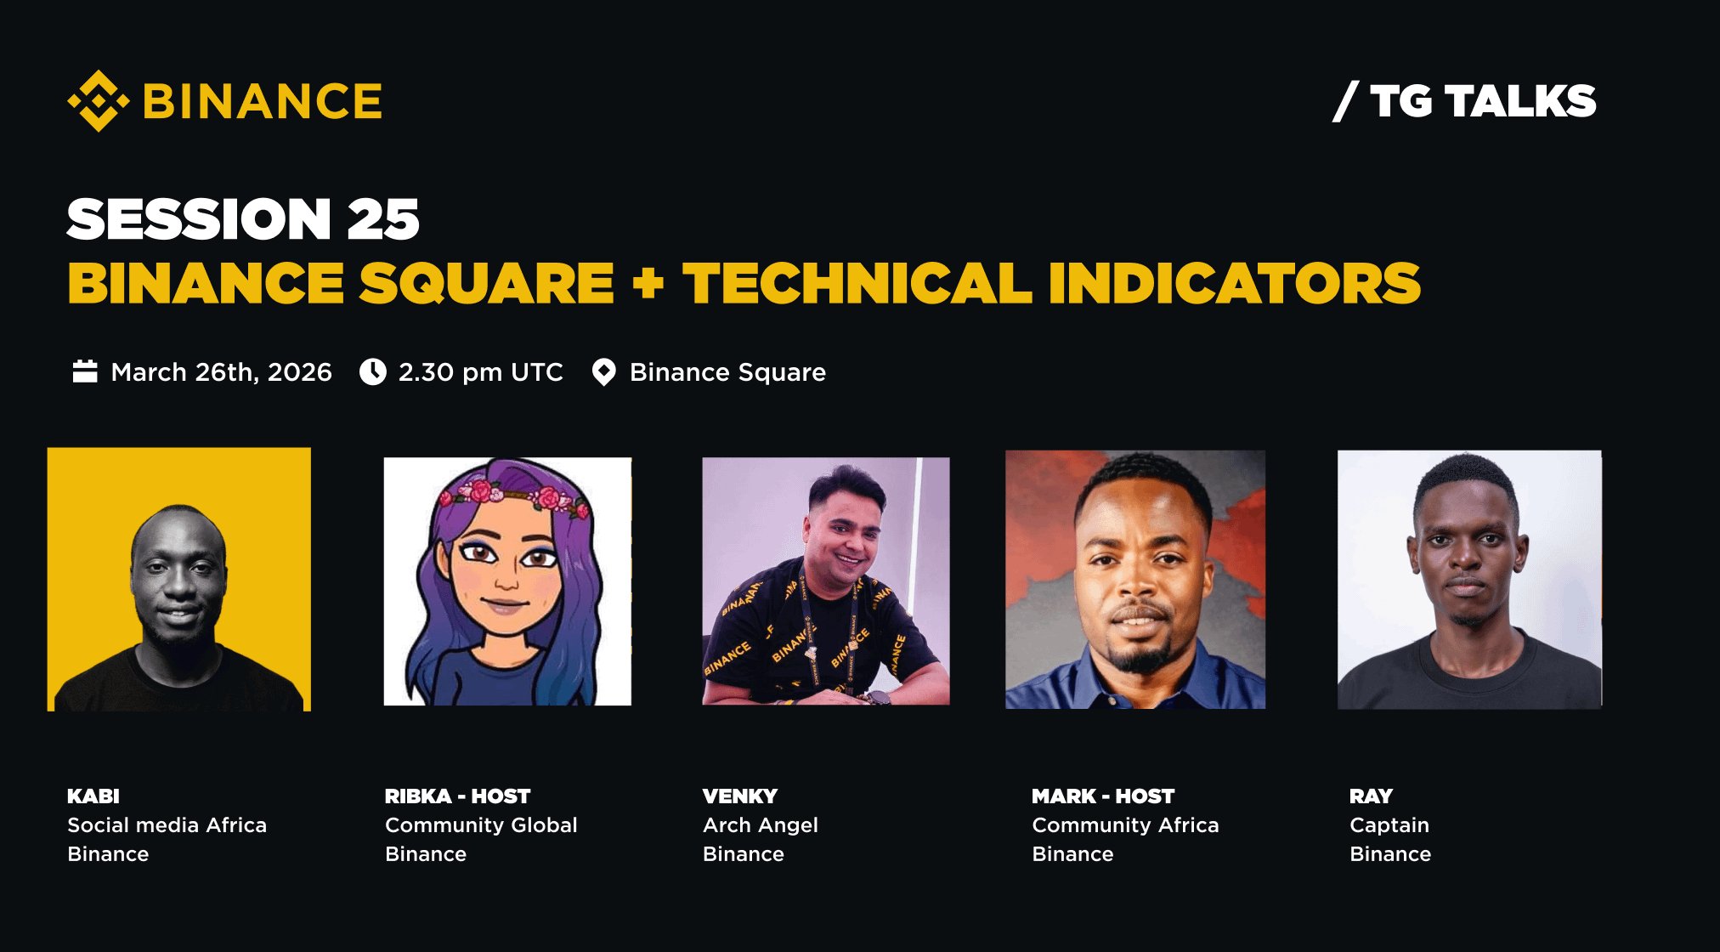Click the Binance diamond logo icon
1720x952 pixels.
point(99,101)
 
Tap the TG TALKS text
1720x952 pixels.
point(1483,101)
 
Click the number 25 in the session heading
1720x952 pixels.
point(383,218)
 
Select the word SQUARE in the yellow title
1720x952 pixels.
point(486,283)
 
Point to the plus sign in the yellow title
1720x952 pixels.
point(648,283)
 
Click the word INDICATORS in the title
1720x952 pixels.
point(1234,283)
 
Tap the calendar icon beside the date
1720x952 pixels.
point(85,371)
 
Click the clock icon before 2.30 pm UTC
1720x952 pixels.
point(372,371)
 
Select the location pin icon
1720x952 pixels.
point(603,372)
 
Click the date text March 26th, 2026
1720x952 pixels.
point(221,372)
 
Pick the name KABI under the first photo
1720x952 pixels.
point(93,796)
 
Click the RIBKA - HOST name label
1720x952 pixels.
point(457,796)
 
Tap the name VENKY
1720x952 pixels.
point(739,796)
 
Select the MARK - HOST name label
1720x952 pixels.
point(1103,796)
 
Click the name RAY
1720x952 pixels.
point(1371,796)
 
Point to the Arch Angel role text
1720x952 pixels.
point(761,825)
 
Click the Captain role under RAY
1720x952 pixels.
point(1389,825)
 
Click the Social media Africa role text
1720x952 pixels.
point(167,825)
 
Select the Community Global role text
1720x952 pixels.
point(481,825)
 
